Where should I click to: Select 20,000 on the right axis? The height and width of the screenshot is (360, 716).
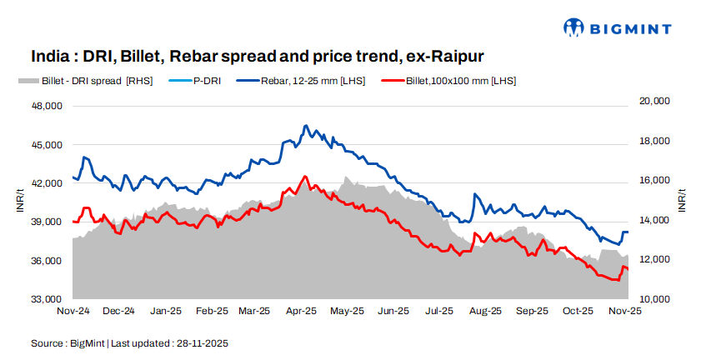click(x=654, y=101)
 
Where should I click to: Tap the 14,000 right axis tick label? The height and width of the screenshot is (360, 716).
click(x=654, y=220)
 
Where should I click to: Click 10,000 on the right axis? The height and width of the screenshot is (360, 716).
click(x=654, y=298)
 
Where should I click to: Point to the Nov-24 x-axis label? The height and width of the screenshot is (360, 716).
click(x=73, y=311)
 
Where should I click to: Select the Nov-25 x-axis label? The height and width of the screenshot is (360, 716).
click(x=623, y=311)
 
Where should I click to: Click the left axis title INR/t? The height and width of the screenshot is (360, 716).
click(x=20, y=202)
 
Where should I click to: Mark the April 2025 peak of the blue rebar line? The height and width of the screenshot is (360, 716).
click(x=306, y=126)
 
